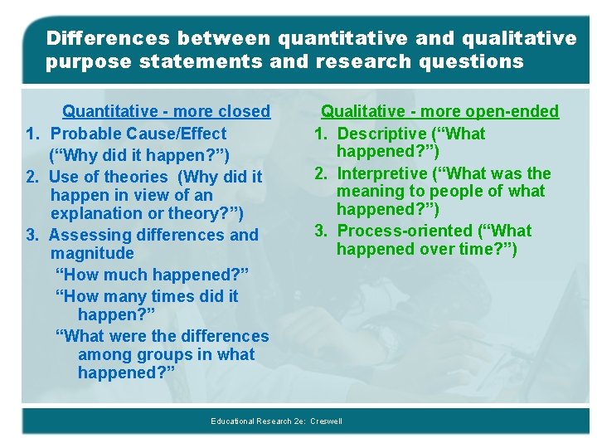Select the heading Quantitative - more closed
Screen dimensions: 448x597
[x=167, y=111]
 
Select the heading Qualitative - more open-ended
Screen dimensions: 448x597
[x=439, y=111]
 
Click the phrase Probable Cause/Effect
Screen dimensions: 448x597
[x=138, y=134]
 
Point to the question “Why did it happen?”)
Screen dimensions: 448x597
[x=138, y=155]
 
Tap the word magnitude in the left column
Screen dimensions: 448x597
[x=92, y=253]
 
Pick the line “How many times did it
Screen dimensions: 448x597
[x=146, y=296]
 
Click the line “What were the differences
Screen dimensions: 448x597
[x=162, y=336]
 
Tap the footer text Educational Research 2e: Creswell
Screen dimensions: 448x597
[x=276, y=421]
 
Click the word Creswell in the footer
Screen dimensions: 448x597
[x=326, y=421]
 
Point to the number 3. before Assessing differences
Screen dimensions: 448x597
[x=33, y=235]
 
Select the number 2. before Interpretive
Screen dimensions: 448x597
[x=322, y=173]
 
